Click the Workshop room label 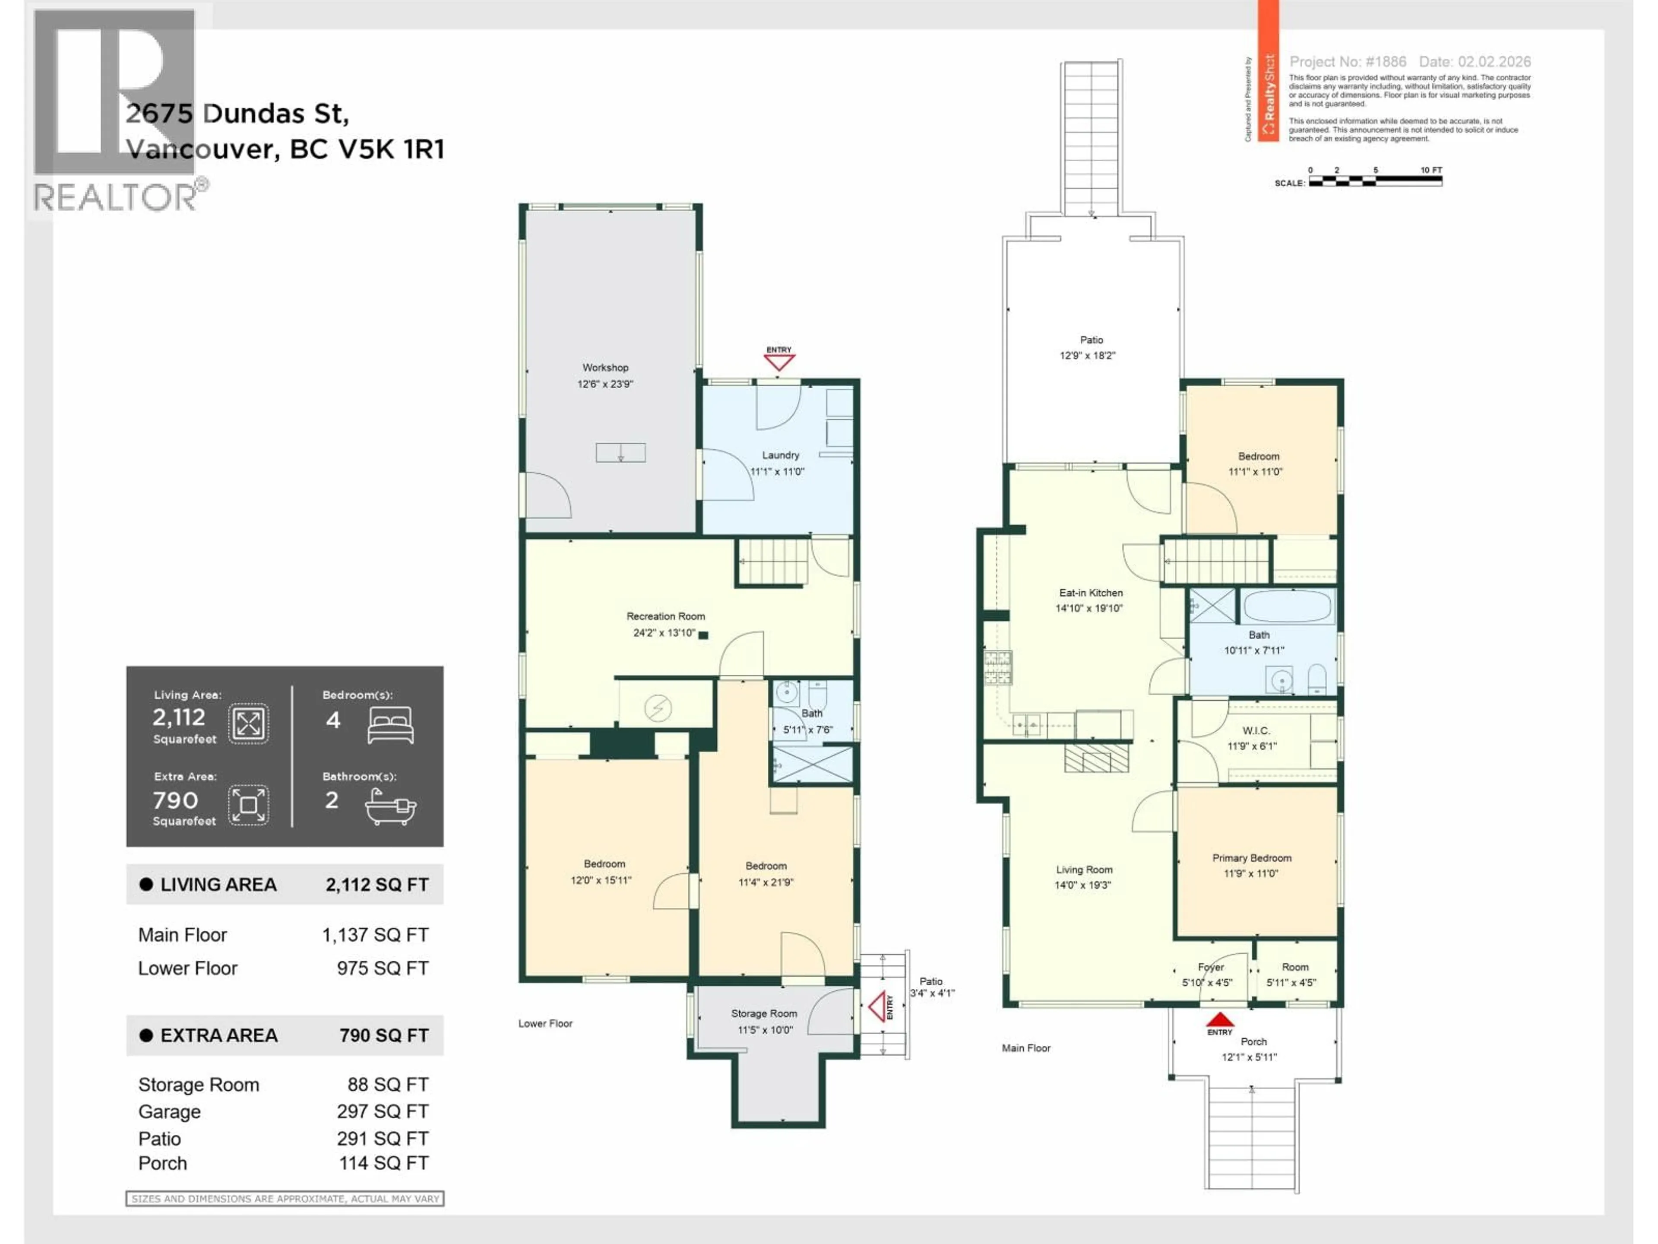point(605,368)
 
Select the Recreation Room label point(666,616)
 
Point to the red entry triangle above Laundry point(779,362)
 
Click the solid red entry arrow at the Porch point(1219,1020)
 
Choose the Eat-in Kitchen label point(1091,592)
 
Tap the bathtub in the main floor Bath point(1287,606)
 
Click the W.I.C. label point(1256,730)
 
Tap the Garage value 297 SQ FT point(382,1111)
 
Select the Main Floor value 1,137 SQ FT point(375,935)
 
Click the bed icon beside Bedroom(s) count point(390,725)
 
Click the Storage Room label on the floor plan point(764,1013)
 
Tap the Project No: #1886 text point(1347,61)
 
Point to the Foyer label point(1211,967)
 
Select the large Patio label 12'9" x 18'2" point(1091,347)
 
